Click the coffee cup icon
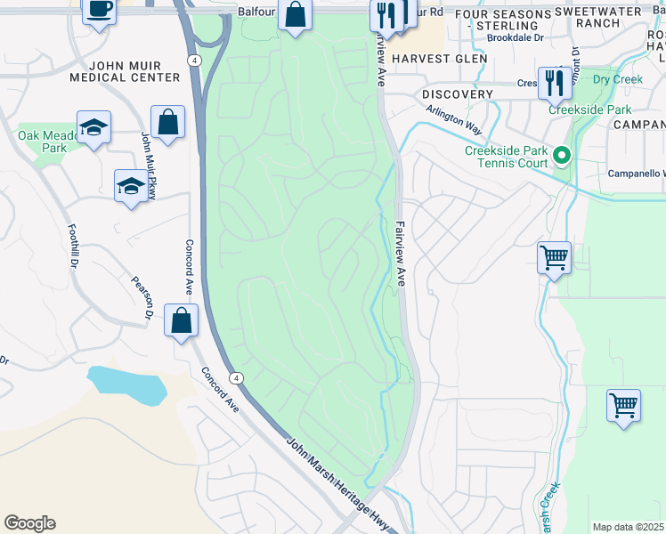pos(99,10)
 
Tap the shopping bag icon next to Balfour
pos(295,15)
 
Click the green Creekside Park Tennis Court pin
pos(561,157)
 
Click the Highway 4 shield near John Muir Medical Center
pos(194,60)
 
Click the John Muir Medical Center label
pos(134,71)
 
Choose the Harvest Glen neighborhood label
pos(439,58)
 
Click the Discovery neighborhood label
pos(458,94)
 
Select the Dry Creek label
pos(617,79)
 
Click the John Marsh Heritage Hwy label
pos(339,485)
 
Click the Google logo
pos(29,523)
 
